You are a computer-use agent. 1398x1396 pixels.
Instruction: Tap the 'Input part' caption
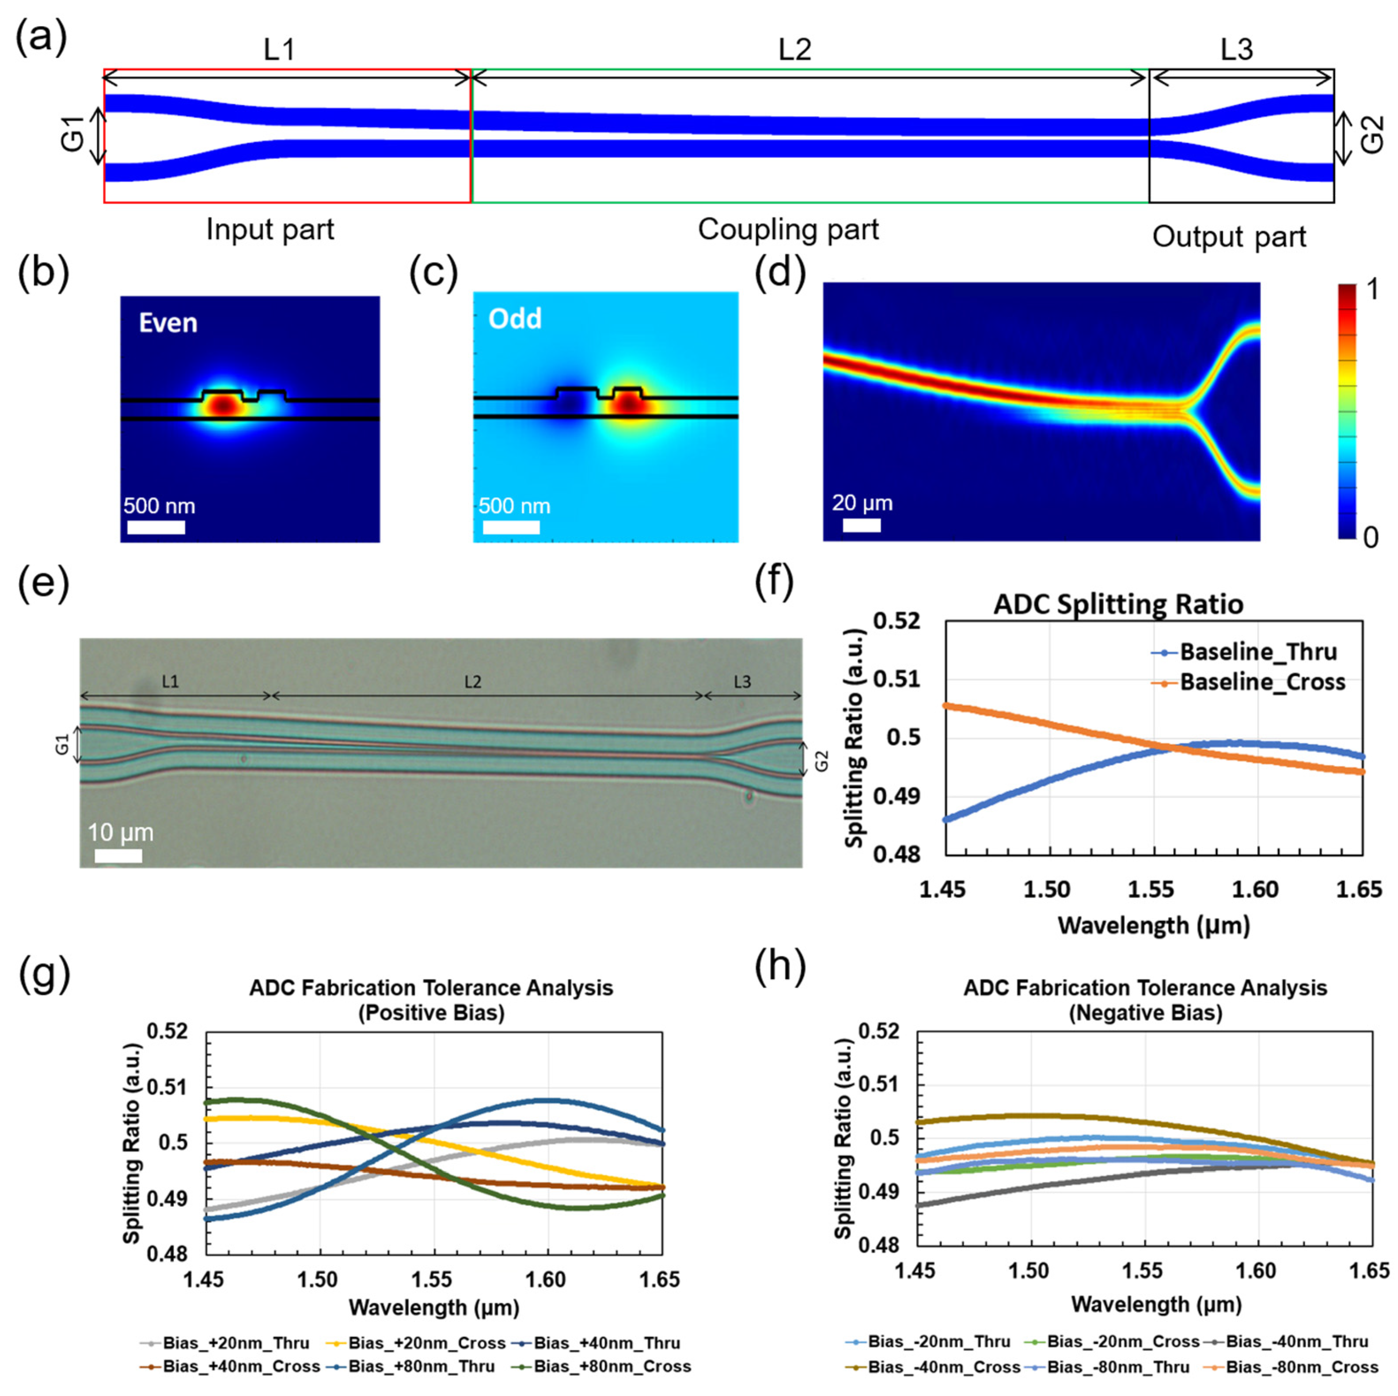[270, 230]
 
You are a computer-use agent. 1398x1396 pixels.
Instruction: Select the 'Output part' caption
[1229, 237]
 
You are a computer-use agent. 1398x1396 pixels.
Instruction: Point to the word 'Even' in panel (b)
[168, 323]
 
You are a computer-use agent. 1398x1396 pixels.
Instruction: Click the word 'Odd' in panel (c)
[514, 319]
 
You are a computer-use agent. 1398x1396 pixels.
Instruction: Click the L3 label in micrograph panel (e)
[742, 682]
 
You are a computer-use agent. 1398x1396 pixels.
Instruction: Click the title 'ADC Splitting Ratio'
[1118, 604]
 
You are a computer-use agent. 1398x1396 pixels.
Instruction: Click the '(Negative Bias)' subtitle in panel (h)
[1145, 1013]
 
